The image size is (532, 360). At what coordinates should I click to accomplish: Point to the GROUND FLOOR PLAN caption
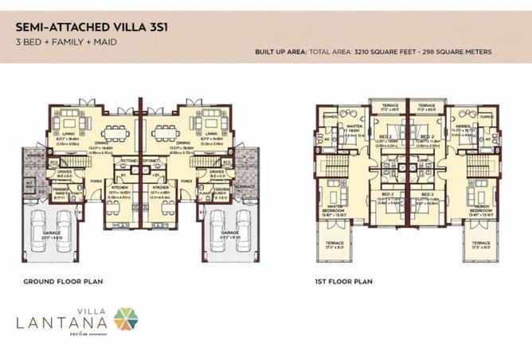tap(63, 281)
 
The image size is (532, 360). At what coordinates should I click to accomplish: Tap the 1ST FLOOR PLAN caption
tap(343, 281)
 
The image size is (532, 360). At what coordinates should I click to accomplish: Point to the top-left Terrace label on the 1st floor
tap(389, 107)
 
